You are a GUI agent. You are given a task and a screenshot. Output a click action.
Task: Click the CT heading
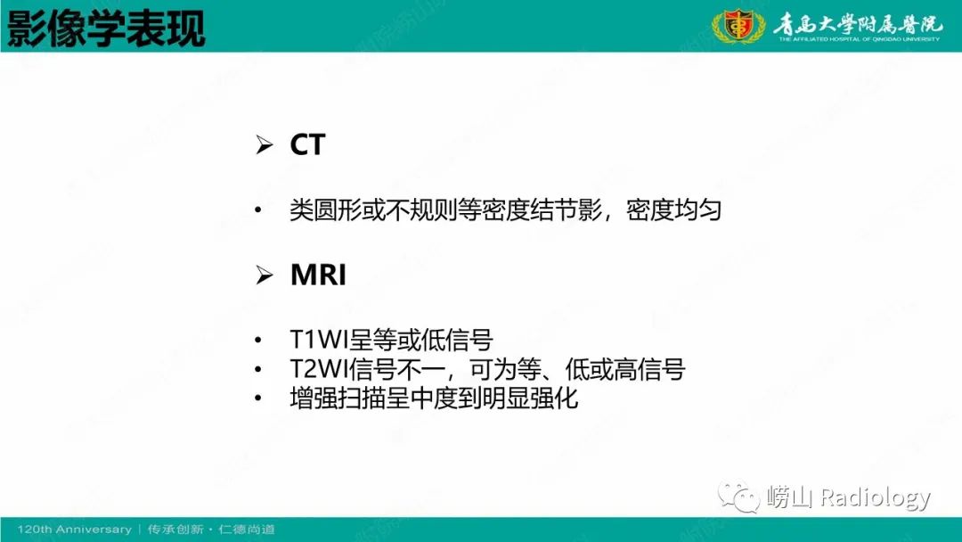tap(307, 145)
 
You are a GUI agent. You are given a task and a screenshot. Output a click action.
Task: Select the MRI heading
tap(318, 275)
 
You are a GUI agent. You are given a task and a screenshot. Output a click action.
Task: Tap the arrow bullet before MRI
tap(264, 276)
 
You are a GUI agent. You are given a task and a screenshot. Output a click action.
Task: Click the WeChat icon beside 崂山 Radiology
tap(741, 496)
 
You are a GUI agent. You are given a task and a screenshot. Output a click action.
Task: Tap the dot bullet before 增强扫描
tap(258, 398)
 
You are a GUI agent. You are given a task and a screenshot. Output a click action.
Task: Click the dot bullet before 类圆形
tap(258, 212)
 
